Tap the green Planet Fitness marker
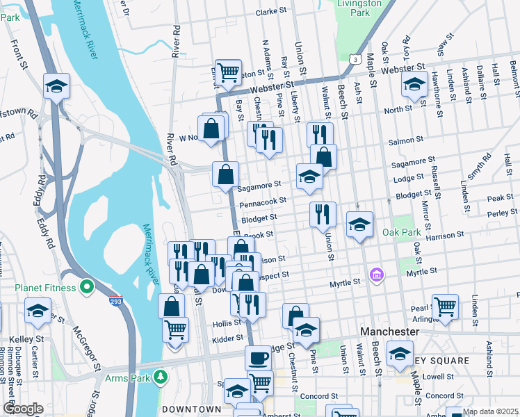coord(87,286)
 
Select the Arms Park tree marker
coord(161,377)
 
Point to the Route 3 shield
coord(355,60)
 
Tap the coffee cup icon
coord(258,358)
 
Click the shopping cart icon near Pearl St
coord(445,306)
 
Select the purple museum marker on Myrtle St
coord(377,275)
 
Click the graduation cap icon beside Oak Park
coord(359,225)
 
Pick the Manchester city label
coord(389,332)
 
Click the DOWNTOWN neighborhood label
coord(191,409)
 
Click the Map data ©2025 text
coord(489,411)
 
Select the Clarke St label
coord(271,12)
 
